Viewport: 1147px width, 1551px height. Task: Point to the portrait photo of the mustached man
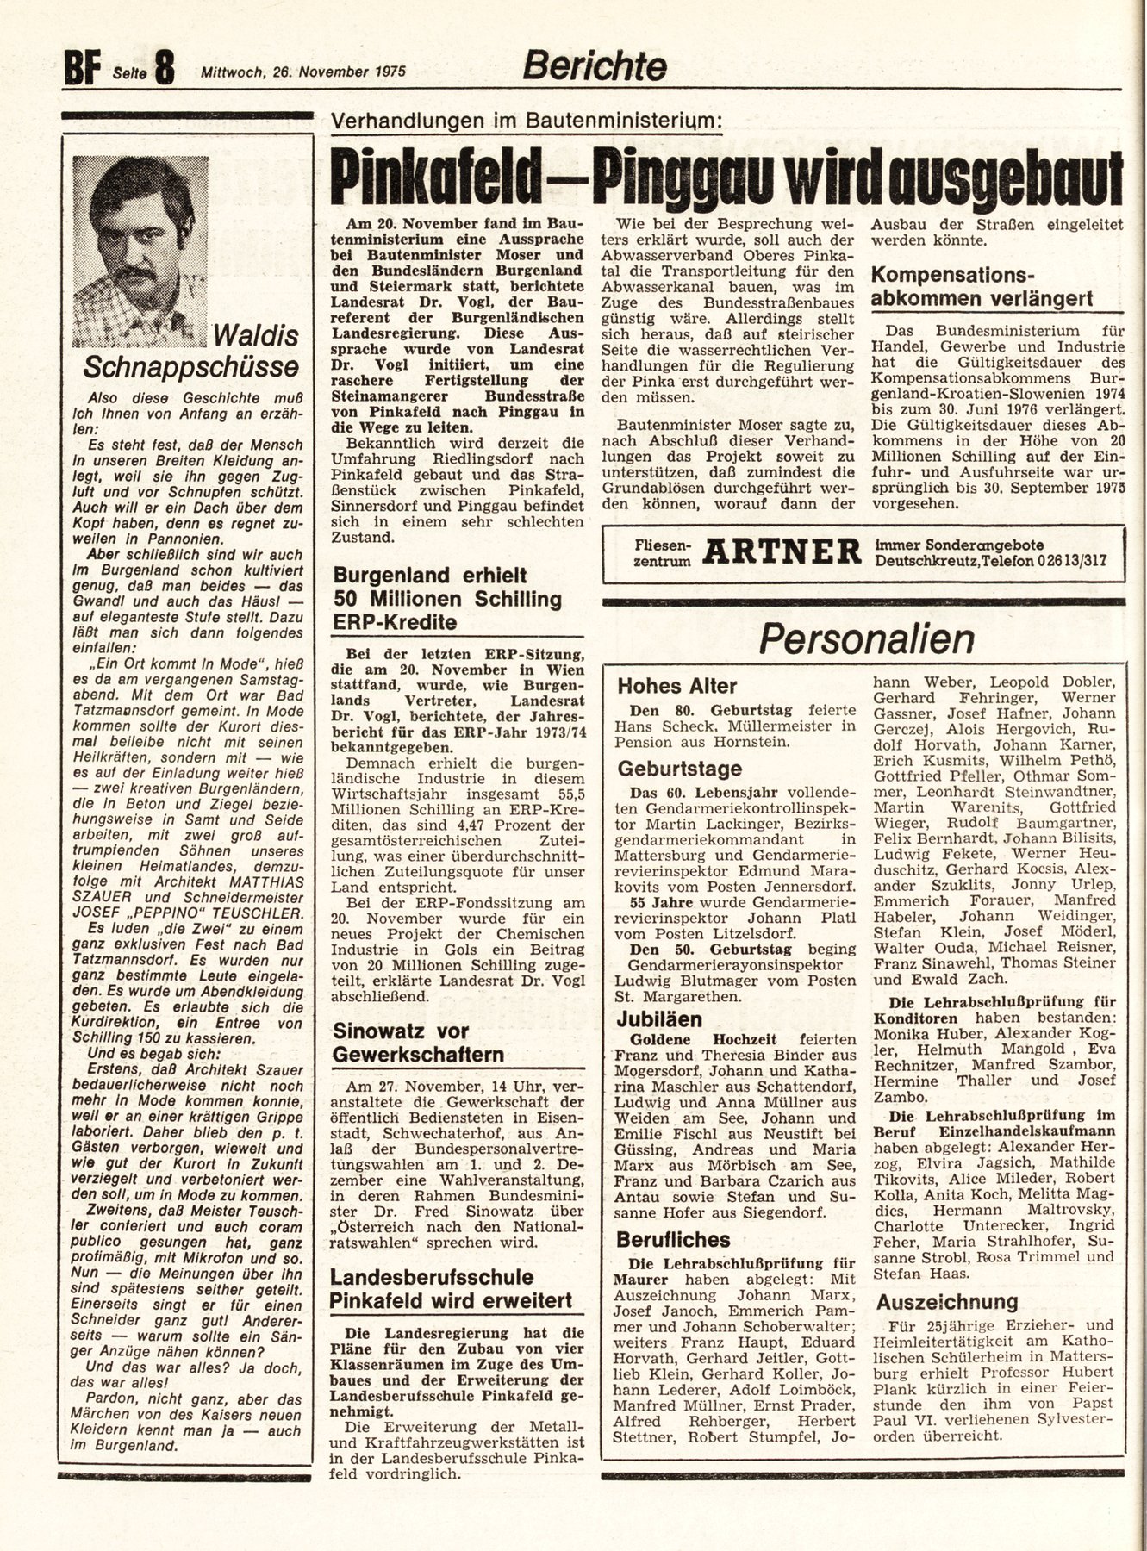[141, 249]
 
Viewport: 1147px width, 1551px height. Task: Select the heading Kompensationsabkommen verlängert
[982, 287]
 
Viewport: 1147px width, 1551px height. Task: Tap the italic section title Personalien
[866, 639]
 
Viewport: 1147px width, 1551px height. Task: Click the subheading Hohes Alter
[677, 687]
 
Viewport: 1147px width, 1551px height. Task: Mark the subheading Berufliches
[673, 1240]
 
